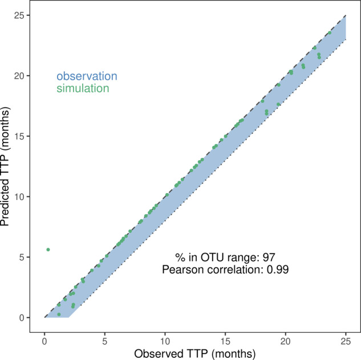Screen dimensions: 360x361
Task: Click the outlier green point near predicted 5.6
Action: pos(48,249)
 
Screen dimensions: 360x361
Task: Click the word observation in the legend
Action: pos(87,76)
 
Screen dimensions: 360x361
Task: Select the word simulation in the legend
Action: pos(83,88)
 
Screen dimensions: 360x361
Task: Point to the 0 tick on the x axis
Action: pos(44,341)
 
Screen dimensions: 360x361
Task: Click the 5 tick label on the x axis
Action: pos(105,341)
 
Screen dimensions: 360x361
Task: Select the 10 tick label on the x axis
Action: pos(165,341)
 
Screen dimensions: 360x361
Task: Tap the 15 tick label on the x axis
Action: pos(225,341)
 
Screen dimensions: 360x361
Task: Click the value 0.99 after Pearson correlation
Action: pos(279,269)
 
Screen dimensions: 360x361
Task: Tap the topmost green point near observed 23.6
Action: pos(330,33)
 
